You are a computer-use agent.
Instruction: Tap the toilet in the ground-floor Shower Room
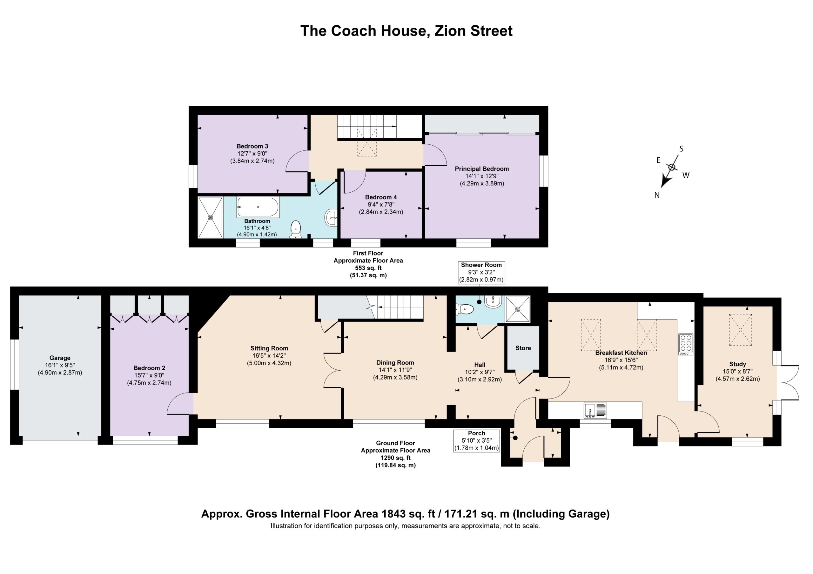pos(465,309)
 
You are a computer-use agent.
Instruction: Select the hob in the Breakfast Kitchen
pos(686,344)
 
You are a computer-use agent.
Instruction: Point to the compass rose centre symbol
pos(671,167)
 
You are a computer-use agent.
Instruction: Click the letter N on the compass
pos(657,195)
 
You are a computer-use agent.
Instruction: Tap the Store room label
pos(523,348)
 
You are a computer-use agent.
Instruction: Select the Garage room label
pos(60,358)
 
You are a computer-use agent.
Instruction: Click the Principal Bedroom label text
pos(481,169)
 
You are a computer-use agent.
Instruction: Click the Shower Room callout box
pos(481,273)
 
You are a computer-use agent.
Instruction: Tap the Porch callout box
pos(477,441)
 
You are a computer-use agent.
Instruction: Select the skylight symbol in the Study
pos(740,329)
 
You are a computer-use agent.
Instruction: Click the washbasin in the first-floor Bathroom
pos(331,217)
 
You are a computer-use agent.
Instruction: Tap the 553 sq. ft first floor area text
pos(368,268)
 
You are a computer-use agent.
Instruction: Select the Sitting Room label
pos(269,348)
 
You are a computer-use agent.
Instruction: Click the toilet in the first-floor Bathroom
pos(295,229)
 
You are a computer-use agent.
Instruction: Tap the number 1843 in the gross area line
pos(394,513)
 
